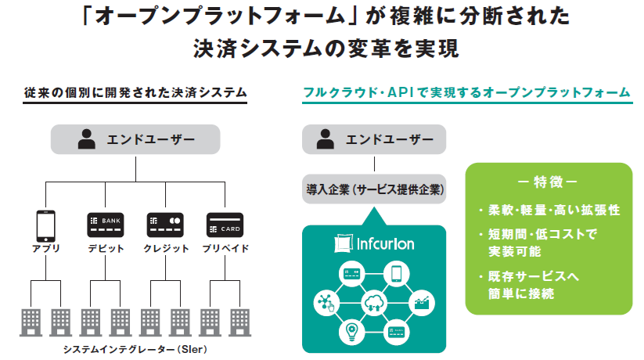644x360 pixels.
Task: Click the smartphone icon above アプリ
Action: pos(45,225)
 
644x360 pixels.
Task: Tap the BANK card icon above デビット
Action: pos(106,225)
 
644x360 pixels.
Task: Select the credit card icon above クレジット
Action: pos(165,225)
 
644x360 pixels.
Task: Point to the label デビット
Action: pos(106,249)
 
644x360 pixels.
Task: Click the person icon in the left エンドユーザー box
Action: pos(86,141)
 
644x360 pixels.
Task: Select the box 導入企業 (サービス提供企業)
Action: pos(374,189)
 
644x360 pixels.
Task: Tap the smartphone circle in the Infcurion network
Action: pos(396,273)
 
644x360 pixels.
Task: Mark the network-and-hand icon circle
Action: pos(324,302)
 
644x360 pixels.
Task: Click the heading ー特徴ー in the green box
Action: pos(549,183)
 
